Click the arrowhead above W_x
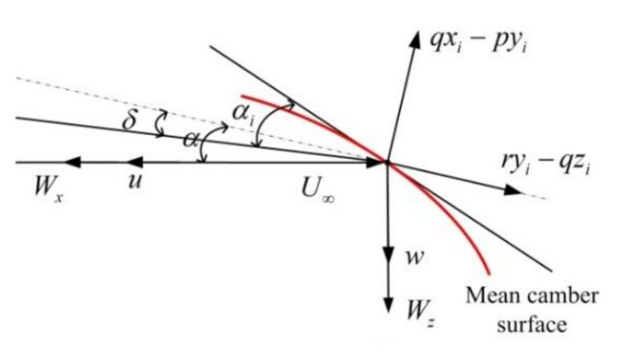(x=73, y=163)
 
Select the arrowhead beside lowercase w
(x=388, y=253)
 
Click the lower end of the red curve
(x=489, y=273)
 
